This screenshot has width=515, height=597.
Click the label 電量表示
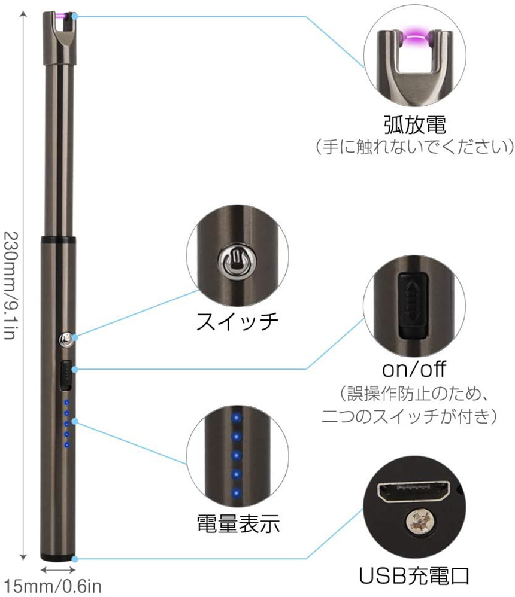click(238, 525)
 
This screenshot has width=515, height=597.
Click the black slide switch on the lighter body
click(65, 374)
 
